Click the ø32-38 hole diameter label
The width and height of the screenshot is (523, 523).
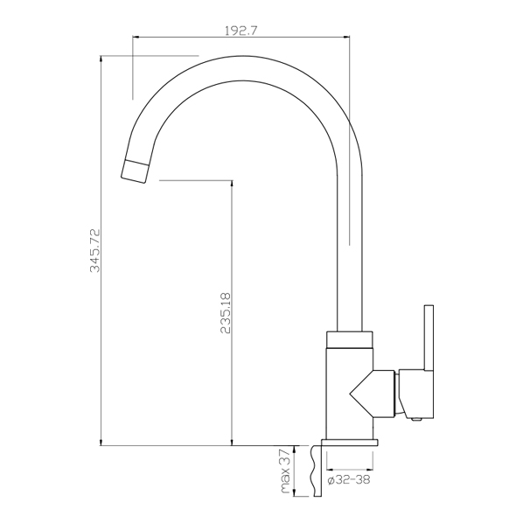(351, 480)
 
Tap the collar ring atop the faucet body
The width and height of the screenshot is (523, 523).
(349, 338)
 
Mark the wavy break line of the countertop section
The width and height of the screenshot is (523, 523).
(312, 472)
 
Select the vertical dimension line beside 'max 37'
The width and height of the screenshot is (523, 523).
(293, 472)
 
